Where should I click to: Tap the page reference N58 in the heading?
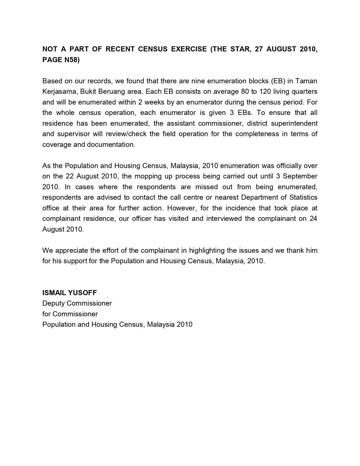pyautogui.click(x=70, y=60)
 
